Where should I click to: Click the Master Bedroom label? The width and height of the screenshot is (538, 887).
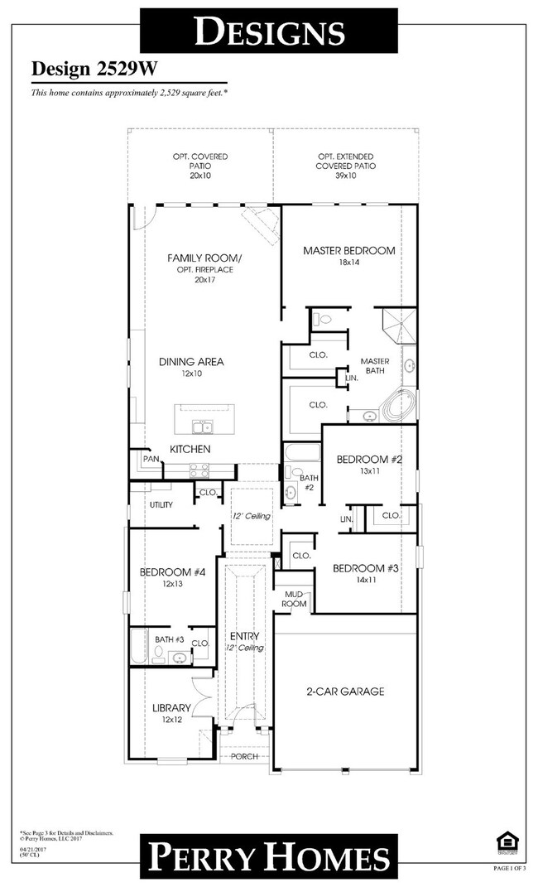(x=348, y=250)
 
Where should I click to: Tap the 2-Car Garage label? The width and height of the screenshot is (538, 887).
(x=345, y=692)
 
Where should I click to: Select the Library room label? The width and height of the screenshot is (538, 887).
(x=172, y=708)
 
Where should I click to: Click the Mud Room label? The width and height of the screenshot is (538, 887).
(x=295, y=599)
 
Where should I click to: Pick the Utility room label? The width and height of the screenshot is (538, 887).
(x=161, y=504)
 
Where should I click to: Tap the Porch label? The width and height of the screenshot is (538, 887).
(x=244, y=756)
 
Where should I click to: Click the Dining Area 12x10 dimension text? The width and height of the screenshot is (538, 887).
(x=191, y=374)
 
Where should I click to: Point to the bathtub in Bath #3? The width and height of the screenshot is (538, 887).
(x=138, y=647)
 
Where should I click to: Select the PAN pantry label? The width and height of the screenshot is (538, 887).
(x=151, y=458)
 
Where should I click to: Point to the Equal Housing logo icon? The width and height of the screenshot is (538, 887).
(x=506, y=843)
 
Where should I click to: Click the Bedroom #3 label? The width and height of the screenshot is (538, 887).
(x=366, y=569)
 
